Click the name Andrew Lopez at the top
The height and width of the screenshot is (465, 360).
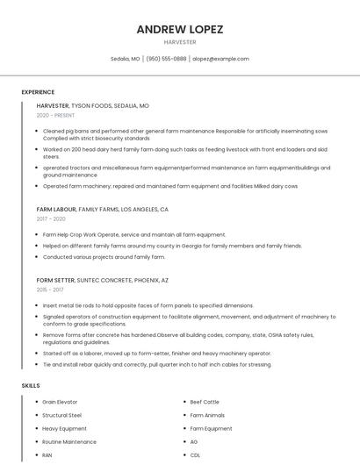click(x=180, y=29)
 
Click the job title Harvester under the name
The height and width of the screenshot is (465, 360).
click(x=180, y=42)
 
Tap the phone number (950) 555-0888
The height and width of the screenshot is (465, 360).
click(x=166, y=59)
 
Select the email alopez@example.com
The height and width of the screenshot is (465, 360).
click(x=220, y=59)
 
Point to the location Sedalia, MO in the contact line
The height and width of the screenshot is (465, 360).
click(x=126, y=59)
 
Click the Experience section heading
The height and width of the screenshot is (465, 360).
click(x=38, y=92)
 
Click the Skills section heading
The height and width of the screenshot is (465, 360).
click(x=31, y=385)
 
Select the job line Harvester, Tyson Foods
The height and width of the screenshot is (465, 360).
click(x=92, y=105)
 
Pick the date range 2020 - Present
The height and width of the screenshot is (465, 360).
click(x=56, y=115)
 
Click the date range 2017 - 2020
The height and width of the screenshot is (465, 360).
click(x=51, y=219)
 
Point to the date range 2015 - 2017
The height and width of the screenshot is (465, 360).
click(x=50, y=289)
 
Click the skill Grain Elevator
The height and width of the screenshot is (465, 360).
click(x=60, y=402)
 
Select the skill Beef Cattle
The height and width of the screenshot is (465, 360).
click(x=205, y=402)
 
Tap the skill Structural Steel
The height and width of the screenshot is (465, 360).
click(x=61, y=415)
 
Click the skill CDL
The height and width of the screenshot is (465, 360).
click(x=195, y=455)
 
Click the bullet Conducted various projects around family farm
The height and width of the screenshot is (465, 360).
click(x=104, y=257)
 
